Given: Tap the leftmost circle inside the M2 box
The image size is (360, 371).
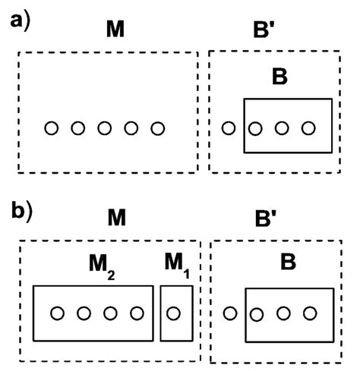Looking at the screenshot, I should coord(57,313).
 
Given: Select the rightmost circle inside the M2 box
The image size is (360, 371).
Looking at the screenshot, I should coord(137,313).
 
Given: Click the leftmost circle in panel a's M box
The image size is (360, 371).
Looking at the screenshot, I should coord(51,128).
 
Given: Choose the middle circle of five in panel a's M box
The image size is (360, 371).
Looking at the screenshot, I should coord(105,128).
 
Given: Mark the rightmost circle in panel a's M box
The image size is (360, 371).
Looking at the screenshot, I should coord(158,128).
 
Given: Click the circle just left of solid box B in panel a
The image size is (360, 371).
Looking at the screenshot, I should coord(228,128).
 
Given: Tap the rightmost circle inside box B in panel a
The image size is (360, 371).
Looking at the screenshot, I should coord(308,128).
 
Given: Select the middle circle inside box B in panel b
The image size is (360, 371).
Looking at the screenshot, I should coord(283,313).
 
